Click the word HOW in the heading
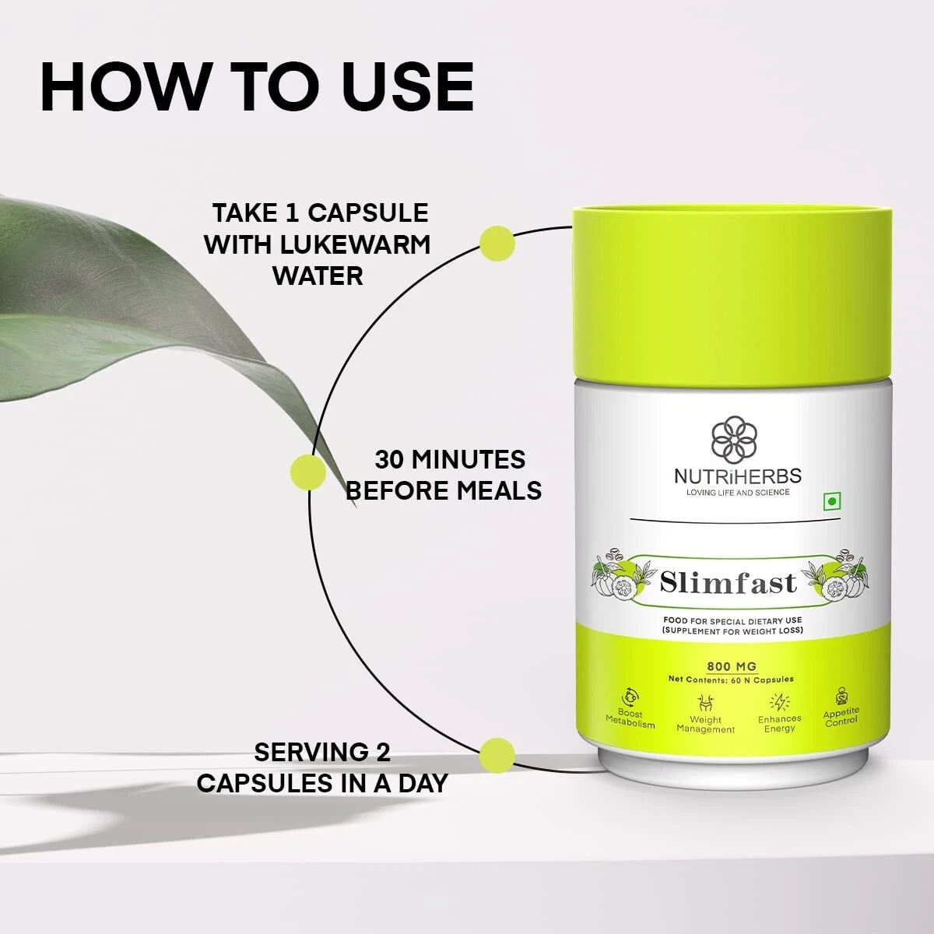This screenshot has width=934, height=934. (123, 87)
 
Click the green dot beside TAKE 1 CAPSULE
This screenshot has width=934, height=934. (497, 244)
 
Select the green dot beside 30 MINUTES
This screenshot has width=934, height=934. (308, 472)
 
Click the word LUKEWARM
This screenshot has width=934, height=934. (355, 244)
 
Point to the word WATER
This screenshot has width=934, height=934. (318, 276)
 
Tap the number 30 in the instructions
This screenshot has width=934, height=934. (388, 459)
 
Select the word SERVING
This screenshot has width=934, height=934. (307, 752)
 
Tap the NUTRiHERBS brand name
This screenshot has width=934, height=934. (737, 476)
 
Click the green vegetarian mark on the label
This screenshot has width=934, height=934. (832, 502)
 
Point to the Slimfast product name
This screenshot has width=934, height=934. (728, 583)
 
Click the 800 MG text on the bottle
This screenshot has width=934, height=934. (732, 666)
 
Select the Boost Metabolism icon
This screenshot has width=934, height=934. (630, 698)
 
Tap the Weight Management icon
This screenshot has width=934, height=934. (705, 703)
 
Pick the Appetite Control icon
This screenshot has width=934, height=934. (841, 696)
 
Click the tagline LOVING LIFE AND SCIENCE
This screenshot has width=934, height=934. (737, 493)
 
